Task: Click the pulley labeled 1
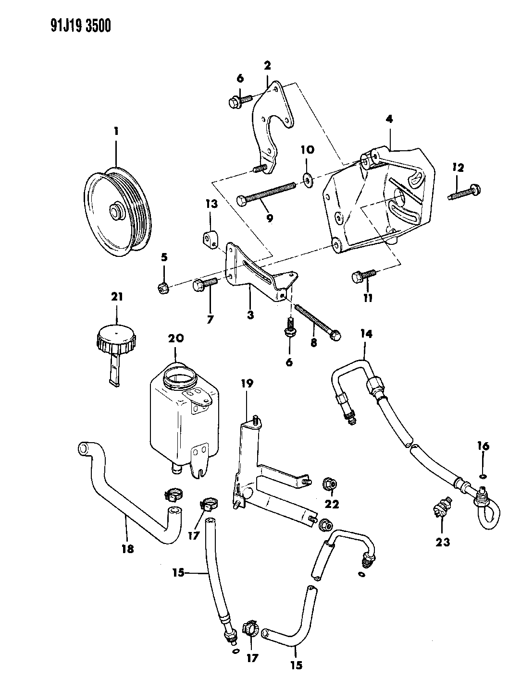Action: tap(118, 211)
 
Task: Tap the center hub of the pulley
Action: tap(116, 212)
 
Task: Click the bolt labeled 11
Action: tap(362, 275)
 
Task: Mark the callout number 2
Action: tap(267, 64)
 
